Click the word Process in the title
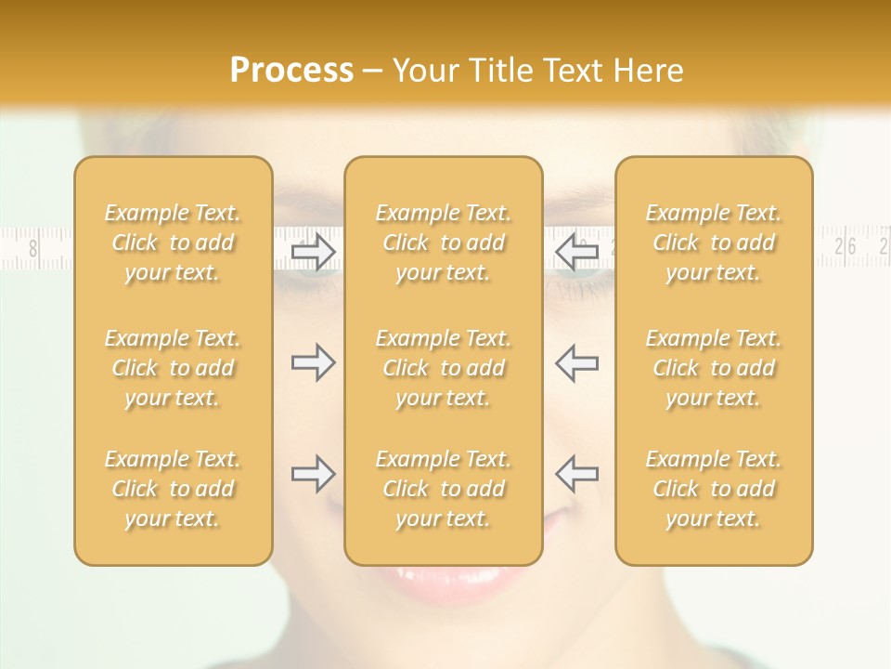coord(291,71)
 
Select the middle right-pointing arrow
coord(314,362)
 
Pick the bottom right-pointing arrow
coord(314,474)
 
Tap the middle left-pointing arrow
coord(576,362)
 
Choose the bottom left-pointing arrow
coord(576,474)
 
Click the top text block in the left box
coord(173,243)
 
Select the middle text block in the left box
coord(173,368)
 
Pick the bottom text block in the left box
coord(173,489)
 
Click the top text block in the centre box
coord(444,243)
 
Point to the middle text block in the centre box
coord(444,368)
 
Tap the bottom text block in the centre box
coord(444,489)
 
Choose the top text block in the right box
coord(714,243)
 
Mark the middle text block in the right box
coord(714,368)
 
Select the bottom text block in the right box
coord(714,489)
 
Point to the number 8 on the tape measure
coord(34,248)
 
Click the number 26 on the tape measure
coord(846,246)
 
